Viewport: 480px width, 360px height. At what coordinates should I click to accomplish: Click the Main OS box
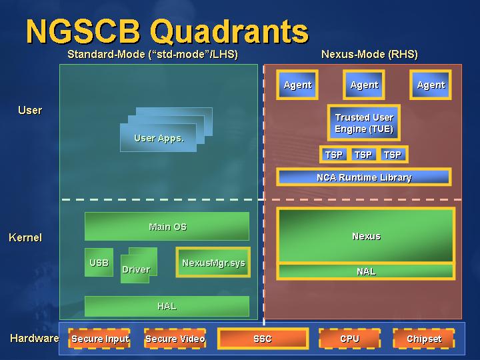(x=167, y=226)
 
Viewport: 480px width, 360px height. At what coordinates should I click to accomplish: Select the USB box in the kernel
(x=99, y=263)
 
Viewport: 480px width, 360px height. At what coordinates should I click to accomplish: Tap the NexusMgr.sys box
(x=213, y=263)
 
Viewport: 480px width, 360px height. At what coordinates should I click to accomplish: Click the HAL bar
(x=167, y=306)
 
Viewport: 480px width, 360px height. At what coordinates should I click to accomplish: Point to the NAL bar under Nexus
(x=366, y=271)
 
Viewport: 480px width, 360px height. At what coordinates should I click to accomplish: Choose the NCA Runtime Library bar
(x=364, y=177)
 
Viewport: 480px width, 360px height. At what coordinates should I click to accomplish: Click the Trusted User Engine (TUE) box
(x=364, y=123)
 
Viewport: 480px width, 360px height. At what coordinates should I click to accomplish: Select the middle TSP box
(x=363, y=155)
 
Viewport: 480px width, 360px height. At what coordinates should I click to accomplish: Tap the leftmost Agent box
(x=297, y=85)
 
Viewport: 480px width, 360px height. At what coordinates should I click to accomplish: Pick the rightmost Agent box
(x=431, y=85)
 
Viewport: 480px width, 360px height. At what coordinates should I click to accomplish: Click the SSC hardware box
(x=263, y=339)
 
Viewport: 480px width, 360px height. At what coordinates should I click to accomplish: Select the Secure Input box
(x=99, y=339)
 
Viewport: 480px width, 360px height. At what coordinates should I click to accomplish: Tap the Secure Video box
(x=175, y=339)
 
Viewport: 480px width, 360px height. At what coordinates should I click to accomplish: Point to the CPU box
(x=349, y=339)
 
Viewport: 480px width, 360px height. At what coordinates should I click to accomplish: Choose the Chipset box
(x=424, y=339)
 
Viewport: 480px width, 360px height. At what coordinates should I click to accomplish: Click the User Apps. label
(x=159, y=139)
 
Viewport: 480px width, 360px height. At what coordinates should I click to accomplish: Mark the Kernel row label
(x=25, y=237)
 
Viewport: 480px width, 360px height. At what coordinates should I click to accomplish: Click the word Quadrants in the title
(x=229, y=32)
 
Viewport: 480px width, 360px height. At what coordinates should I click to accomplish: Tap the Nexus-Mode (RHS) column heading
(x=369, y=54)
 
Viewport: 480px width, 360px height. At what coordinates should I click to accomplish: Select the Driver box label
(x=136, y=269)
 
